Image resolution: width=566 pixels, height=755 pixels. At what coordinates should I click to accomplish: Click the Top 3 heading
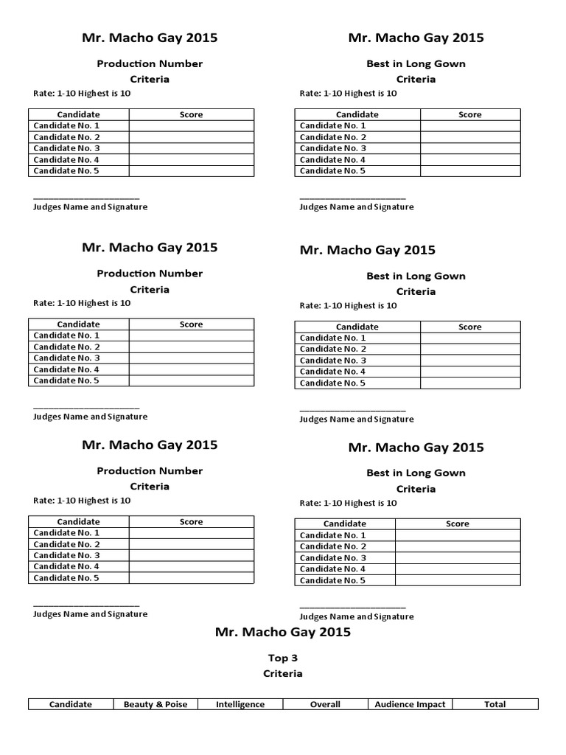pyautogui.click(x=282, y=658)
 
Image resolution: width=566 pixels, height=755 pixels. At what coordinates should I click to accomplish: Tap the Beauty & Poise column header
pyautogui.click(x=156, y=704)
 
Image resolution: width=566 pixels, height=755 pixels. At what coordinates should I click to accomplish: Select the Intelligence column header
pyautogui.click(x=240, y=704)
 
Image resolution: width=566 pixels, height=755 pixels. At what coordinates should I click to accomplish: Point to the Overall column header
pyautogui.click(x=325, y=704)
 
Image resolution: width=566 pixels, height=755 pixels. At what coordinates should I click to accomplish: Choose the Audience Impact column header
pyautogui.click(x=410, y=704)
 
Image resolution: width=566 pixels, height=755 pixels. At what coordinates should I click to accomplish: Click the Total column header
pyautogui.click(x=495, y=704)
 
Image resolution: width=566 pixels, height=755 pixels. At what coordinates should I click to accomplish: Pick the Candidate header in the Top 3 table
pyautogui.click(x=71, y=704)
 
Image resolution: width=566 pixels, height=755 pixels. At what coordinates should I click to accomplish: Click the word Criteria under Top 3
pyautogui.click(x=282, y=673)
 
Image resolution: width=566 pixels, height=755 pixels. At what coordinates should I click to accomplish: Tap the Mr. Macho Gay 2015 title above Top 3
pyautogui.click(x=282, y=632)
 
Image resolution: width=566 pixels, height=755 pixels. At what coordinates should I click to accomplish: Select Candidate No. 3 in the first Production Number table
pyautogui.click(x=66, y=148)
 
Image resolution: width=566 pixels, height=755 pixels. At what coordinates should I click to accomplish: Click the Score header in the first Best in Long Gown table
pyautogui.click(x=469, y=114)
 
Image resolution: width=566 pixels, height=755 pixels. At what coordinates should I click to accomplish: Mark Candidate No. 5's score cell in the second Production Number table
pyautogui.click(x=191, y=380)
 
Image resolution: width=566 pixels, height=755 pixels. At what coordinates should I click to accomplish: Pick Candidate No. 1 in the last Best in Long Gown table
pyautogui.click(x=332, y=535)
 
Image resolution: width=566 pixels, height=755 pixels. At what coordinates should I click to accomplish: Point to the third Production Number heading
pyautogui.click(x=150, y=470)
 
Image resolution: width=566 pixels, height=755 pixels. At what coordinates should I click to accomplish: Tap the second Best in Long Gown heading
pyautogui.click(x=416, y=276)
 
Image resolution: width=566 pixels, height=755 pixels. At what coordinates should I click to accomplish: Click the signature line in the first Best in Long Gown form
pyautogui.click(x=352, y=198)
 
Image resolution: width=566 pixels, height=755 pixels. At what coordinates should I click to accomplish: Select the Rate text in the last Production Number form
pyautogui.click(x=82, y=501)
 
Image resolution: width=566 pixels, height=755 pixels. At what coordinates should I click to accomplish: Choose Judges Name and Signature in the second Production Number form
pyautogui.click(x=91, y=417)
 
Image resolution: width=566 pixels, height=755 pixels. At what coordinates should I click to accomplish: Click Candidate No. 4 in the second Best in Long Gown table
pyautogui.click(x=332, y=372)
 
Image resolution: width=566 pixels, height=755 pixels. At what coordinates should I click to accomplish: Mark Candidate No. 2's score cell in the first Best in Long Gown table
pyautogui.click(x=469, y=137)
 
